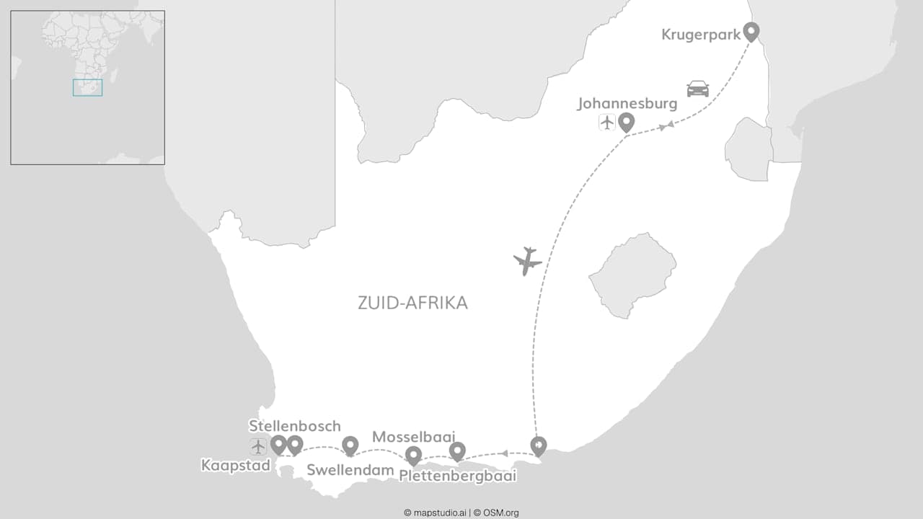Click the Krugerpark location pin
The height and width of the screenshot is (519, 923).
(x=751, y=31)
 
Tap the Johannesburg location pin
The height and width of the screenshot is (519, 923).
(x=626, y=122)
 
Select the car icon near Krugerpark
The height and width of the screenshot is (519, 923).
(x=697, y=89)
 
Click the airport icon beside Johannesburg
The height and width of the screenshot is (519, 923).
(x=607, y=122)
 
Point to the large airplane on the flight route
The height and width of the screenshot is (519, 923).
(x=528, y=261)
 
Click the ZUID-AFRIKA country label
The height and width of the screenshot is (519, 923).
(x=412, y=303)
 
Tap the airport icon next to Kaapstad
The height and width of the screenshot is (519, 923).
(x=258, y=446)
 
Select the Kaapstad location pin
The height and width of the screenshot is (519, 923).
(x=278, y=445)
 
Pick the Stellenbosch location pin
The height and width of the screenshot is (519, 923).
(x=294, y=445)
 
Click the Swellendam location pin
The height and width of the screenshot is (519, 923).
(x=350, y=446)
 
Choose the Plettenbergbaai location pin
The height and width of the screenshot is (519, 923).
(x=457, y=451)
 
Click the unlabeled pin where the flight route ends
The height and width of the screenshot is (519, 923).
(x=538, y=446)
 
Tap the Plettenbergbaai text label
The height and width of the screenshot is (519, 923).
(x=457, y=476)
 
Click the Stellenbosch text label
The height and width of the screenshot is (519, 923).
(x=294, y=426)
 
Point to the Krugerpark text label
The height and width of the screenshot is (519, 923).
(x=701, y=35)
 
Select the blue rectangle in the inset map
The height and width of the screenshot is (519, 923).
(x=87, y=87)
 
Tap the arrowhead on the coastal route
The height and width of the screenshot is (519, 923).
(x=505, y=453)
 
